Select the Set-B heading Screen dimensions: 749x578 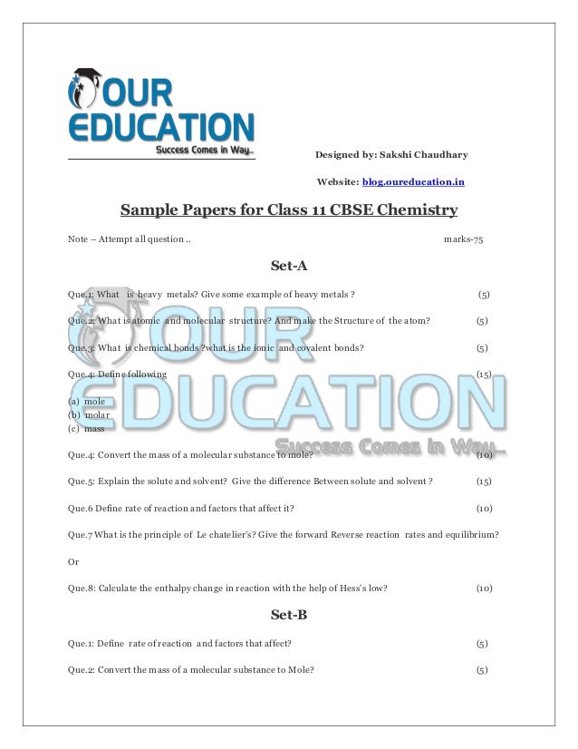(x=289, y=615)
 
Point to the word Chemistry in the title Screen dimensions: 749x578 (x=418, y=211)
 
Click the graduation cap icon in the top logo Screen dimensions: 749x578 (x=89, y=76)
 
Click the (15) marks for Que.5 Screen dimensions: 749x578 (x=484, y=481)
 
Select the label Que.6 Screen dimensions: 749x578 (x=80, y=508)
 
